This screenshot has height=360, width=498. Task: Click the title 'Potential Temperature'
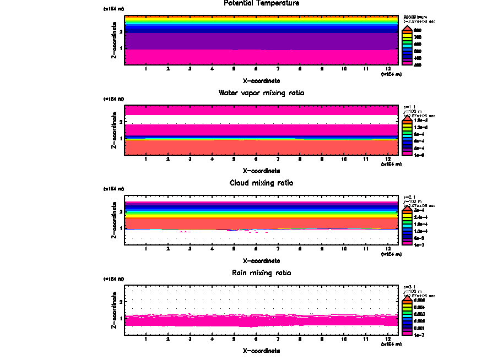[261, 3]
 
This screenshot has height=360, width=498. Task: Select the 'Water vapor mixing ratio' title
[261, 92]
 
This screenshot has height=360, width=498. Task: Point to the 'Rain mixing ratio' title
[261, 272]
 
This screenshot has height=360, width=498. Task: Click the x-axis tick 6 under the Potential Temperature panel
[256, 69]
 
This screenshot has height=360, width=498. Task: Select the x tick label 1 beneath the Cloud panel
[146, 249]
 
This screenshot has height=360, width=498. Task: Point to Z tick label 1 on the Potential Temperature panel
[120, 48]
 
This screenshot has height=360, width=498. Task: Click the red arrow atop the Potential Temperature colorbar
[406, 28]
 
